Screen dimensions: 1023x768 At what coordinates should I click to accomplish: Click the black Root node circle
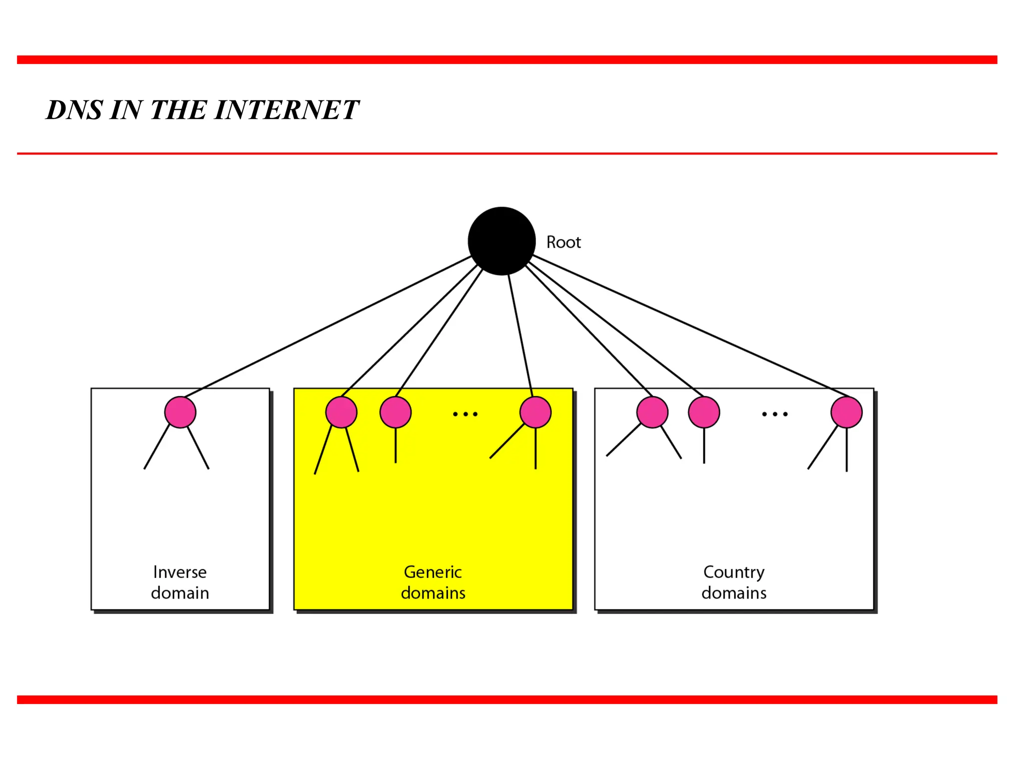(x=502, y=241)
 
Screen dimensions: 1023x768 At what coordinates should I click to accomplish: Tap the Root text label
(x=563, y=242)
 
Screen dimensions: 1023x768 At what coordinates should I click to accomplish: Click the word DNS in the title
(x=74, y=110)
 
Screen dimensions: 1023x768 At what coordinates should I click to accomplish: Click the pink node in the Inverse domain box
(x=180, y=412)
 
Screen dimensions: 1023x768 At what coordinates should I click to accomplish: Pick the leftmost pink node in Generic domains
(x=341, y=412)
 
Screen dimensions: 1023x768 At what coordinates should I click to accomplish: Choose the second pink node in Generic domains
(x=395, y=412)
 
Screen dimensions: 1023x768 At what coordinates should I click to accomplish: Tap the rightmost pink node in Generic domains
(x=535, y=412)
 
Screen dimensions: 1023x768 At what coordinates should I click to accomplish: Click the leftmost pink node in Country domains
(x=652, y=412)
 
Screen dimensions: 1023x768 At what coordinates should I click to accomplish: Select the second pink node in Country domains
(x=704, y=412)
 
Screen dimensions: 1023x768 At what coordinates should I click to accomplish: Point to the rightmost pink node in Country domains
(x=846, y=412)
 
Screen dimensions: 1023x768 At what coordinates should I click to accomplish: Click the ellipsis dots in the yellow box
(x=465, y=414)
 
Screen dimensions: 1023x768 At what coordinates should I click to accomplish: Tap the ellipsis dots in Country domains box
(x=775, y=414)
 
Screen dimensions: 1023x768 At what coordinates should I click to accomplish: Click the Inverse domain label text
(x=180, y=582)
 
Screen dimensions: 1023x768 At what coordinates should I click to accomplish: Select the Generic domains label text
(x=433, y=582)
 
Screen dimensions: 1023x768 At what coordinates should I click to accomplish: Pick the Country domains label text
(x=734, y=582)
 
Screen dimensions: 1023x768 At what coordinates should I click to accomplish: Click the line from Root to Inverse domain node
(x=327, y=326)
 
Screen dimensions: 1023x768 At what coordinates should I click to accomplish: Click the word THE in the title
(x=178, y=110)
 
